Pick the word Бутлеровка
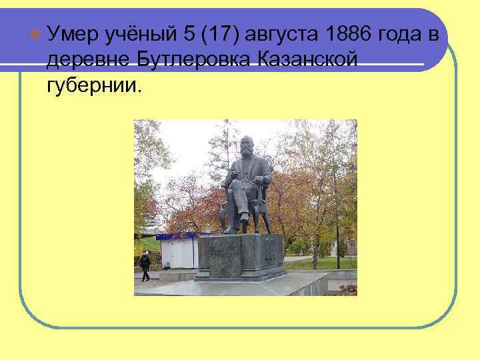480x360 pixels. point(193,60)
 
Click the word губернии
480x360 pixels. point(94,86)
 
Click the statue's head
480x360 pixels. point(247,145)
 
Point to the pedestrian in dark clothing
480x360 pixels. point(145,265)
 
